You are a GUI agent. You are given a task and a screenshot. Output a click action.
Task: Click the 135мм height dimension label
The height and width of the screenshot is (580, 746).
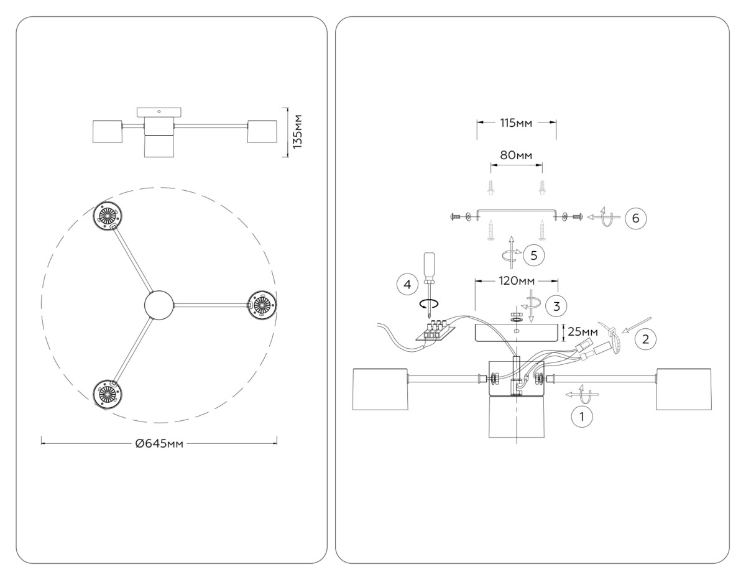coord(298,131)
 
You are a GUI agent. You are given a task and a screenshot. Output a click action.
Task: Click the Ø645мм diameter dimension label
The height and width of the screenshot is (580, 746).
coord(159,443)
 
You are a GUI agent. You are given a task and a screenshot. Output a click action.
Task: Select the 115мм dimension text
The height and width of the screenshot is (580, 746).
coord(516,122)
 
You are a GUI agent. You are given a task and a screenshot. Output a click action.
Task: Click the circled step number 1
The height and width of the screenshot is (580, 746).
coord(582,417)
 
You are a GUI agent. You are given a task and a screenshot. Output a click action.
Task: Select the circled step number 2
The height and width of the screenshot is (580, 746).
coord(645,339)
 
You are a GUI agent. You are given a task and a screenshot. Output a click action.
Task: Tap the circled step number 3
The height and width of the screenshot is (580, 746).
coord(556,305)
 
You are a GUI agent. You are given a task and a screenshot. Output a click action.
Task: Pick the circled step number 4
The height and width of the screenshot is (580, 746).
coord(407,285)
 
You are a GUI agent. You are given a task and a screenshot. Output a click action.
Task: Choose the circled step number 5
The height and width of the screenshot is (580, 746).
coord(533,254)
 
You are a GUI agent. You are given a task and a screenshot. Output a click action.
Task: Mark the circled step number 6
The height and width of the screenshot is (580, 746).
coord(635,218)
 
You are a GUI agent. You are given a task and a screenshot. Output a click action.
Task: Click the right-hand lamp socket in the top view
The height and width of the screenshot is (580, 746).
coord(261,305)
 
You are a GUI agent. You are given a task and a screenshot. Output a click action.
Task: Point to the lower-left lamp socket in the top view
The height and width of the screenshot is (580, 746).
coord(108,394)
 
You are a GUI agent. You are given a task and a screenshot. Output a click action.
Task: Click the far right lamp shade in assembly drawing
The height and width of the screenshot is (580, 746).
coord(684,389)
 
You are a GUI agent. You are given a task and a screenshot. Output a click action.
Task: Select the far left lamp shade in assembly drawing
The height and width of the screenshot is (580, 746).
coord(379,389)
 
